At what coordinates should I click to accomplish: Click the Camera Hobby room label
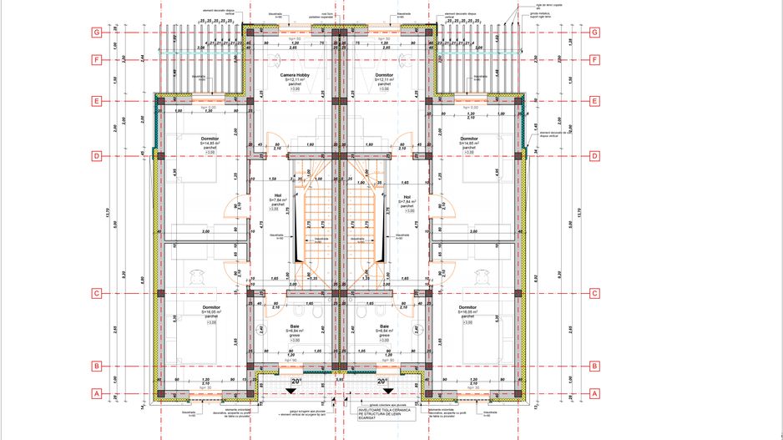295,74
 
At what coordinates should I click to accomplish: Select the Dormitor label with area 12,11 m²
384,74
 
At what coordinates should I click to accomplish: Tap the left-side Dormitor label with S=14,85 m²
210,139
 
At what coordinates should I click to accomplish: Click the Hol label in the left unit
279,196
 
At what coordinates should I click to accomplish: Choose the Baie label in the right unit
384,326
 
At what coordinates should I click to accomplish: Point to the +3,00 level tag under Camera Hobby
295,89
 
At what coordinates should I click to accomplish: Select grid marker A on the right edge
594,393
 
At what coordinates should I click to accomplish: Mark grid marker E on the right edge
594,102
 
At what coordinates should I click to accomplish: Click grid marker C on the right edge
594,293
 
